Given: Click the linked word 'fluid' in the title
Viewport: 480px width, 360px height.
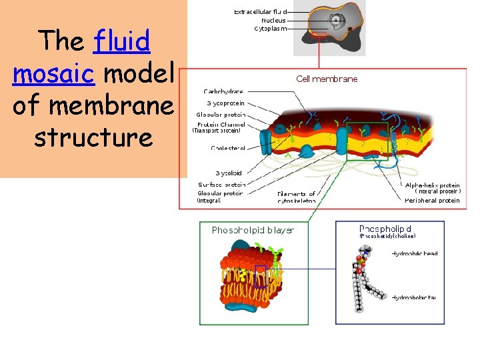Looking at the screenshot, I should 123,42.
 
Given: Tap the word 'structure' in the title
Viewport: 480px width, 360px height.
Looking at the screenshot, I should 93,137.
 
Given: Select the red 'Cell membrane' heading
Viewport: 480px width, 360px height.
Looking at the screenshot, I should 327,79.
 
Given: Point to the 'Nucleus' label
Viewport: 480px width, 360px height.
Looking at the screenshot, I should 273,20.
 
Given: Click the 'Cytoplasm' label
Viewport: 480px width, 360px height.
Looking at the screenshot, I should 271,29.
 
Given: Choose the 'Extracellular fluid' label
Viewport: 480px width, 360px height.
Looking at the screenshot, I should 260,11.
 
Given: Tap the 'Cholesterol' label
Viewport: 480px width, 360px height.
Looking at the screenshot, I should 228,148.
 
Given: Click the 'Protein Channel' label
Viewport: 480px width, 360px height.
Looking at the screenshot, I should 221,124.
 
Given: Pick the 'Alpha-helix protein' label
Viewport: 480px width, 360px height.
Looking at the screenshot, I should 433,185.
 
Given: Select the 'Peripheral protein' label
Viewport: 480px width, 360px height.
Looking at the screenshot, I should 432,200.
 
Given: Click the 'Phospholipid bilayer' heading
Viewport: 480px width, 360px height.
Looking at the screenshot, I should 253,230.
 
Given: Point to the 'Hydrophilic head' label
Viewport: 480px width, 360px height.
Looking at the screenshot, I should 415,253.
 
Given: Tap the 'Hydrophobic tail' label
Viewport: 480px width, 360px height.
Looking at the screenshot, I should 413,297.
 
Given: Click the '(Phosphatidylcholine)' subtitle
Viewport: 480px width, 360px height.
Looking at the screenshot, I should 387,236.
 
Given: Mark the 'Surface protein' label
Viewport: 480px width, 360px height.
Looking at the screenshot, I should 221,185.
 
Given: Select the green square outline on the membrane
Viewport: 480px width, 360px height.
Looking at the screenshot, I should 367,141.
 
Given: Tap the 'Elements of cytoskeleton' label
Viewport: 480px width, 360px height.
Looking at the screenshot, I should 297,197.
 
